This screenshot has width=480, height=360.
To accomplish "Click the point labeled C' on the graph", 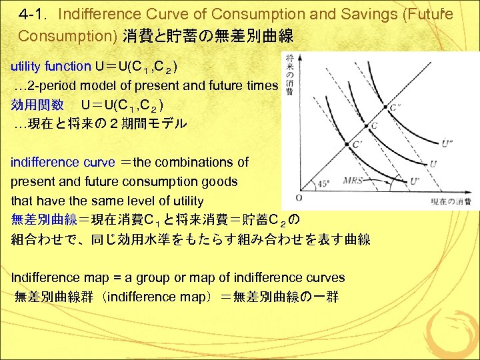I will coord(347,145).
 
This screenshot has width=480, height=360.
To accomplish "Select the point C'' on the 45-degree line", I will coord(385,107).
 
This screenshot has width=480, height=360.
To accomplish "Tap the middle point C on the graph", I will coord(365,127).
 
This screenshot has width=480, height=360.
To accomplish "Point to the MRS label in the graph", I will coord(353,181).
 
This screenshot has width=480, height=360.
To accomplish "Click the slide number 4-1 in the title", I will coord(33,14).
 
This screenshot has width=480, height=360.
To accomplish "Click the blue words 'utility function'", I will coord(51,66).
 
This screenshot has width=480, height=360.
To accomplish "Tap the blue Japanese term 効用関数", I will coord(37,105).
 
